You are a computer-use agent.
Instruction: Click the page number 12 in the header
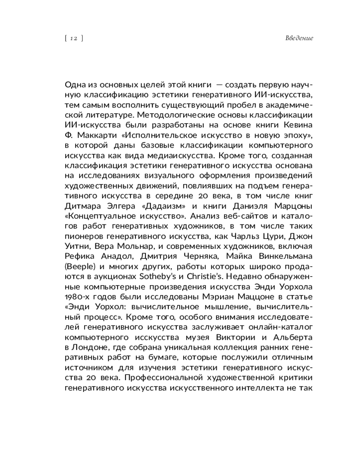pos(74,38)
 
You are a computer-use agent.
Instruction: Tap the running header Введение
pos(299,38)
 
